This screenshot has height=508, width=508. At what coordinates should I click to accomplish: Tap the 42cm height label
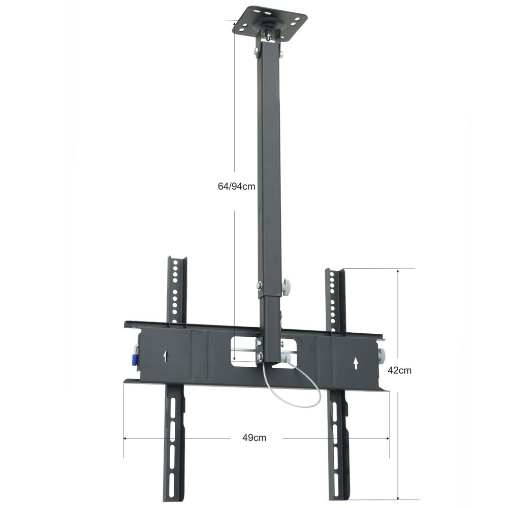pos(399,370)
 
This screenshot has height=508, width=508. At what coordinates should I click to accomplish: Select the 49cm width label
pos(254,437)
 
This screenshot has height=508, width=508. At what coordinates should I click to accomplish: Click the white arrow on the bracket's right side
pos(356,362)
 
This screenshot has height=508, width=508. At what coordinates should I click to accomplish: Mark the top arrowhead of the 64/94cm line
pos(235,22)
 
